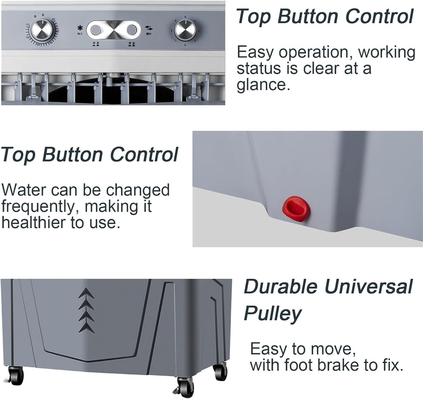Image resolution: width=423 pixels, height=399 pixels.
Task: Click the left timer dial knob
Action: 42,30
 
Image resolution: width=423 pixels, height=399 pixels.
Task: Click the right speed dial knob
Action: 185,30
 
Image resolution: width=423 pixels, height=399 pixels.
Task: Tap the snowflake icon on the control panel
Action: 79,28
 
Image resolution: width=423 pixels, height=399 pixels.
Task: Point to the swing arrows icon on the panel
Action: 149,28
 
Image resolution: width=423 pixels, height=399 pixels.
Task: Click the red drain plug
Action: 296,209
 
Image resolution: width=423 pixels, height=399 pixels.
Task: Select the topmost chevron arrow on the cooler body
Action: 86,294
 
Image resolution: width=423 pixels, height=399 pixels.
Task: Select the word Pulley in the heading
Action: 272,314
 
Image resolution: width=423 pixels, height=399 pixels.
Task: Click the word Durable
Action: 280,287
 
